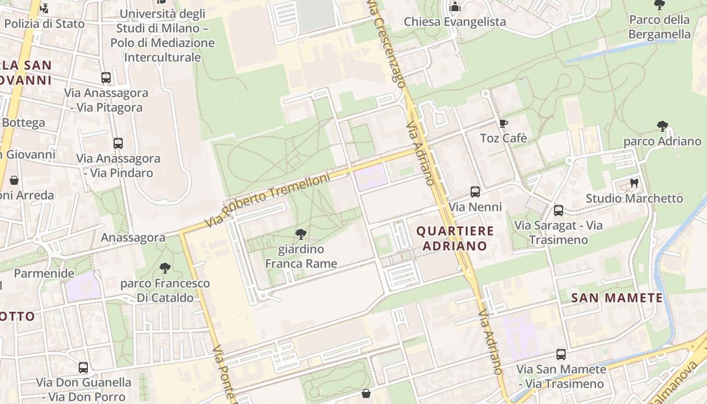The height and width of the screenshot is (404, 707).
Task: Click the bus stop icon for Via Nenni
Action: [475, 192]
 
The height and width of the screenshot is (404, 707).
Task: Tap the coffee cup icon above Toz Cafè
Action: [503, 123]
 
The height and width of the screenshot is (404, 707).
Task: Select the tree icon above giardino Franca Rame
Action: [301, 234]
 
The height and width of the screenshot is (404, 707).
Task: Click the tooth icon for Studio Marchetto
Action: [634, 183]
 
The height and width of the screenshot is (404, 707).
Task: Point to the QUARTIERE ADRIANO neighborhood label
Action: [454, 239]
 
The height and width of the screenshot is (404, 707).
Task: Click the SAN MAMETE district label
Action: [617, 298]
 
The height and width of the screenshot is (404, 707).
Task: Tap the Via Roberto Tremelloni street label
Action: [268, 200]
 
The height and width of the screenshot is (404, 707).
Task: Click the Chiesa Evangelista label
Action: [454, 22]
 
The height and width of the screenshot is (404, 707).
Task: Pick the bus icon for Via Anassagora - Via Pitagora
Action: [106, 78]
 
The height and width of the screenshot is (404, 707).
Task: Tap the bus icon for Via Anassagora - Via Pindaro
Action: [118, 143]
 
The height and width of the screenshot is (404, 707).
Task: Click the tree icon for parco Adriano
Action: [662, 126]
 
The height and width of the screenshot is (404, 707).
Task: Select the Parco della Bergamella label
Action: [659, 27]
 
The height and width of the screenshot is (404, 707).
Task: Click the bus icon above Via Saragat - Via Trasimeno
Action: [559, 211]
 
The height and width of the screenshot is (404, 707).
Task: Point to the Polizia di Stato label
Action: [44, 23]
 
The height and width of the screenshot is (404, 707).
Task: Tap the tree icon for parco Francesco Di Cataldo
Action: [165, 268]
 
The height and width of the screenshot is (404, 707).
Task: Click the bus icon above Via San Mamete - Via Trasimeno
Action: [561, 355]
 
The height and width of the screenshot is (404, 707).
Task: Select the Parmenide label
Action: [44, 273]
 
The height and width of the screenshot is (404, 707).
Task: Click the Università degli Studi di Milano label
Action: [163, 35]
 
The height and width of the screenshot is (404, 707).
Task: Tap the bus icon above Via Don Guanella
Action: [83, 368]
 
